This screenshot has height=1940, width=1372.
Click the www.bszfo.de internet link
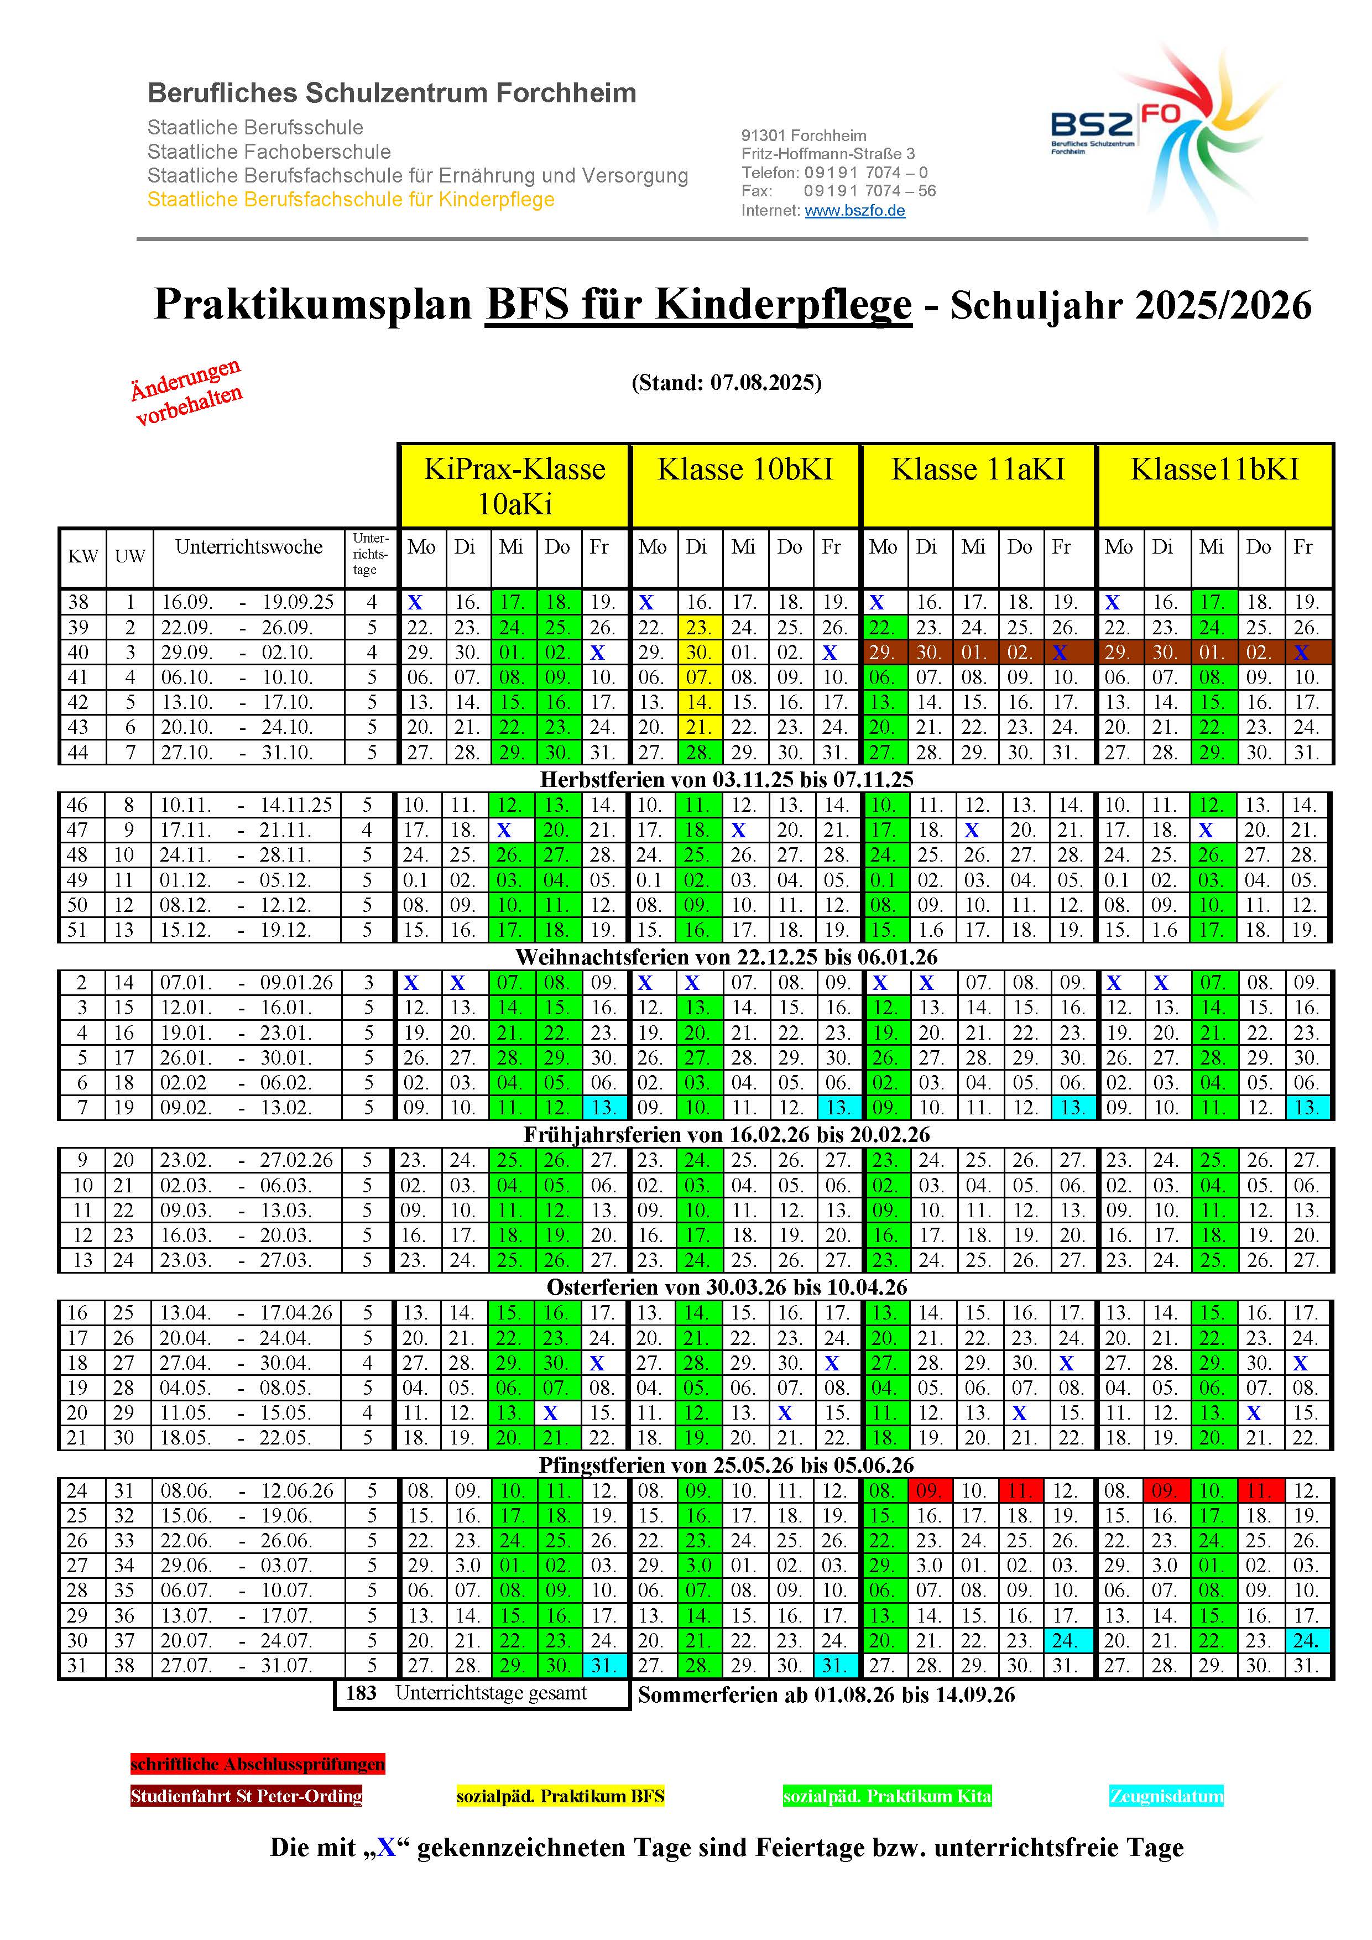point(854,210)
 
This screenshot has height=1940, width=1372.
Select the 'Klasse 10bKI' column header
point(744,470)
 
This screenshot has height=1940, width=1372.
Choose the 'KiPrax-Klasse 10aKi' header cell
point(514,486)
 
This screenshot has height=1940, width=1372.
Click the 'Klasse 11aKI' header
point(978,470)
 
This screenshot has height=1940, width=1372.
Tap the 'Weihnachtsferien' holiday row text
point(727,957)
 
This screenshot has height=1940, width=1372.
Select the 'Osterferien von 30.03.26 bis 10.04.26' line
point(727,1287)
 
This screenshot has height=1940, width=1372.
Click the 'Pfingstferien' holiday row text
point(727,1464)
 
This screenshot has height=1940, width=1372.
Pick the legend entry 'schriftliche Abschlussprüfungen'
point(258,1764)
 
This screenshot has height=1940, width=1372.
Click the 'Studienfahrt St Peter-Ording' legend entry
point(246,1796)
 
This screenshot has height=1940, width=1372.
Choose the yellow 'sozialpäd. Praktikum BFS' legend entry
point(560,1796)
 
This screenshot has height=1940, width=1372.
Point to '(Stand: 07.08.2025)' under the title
point(727,383)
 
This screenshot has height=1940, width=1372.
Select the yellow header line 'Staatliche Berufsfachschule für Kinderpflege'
point(351,200)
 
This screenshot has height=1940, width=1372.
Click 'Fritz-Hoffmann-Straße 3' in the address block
point(828,154)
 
